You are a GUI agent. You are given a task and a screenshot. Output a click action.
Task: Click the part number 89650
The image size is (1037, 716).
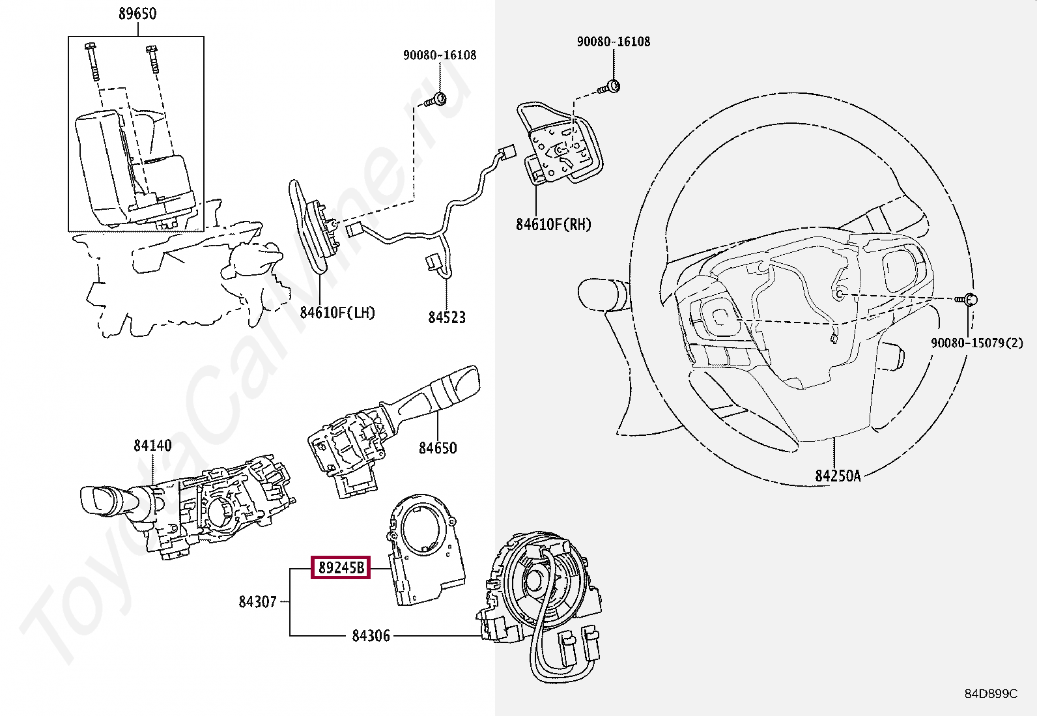[137, 14]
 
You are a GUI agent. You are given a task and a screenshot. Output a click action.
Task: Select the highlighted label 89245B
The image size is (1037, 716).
[341, 567]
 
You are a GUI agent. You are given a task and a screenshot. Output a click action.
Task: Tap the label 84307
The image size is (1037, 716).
[257, 602]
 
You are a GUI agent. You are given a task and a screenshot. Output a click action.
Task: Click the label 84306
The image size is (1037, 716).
[371, 635]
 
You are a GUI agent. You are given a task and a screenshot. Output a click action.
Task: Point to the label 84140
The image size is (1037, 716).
[152, 446]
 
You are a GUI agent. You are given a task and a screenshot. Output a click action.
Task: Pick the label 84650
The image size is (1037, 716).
[438, 448]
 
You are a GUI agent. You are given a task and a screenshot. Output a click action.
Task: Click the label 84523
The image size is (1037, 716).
[447, 317]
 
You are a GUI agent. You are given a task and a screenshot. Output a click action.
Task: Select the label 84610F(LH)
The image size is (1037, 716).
[337, 313]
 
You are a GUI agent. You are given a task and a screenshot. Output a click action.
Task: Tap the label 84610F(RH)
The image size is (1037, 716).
[554, 225]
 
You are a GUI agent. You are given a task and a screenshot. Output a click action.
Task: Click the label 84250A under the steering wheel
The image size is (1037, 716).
[838, 476]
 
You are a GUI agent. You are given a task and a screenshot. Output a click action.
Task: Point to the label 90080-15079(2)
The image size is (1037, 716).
[976, 343]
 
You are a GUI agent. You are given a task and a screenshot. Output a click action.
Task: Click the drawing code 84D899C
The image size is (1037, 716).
[990, 694]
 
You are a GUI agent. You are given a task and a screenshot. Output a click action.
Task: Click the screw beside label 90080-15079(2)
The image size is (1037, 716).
[967, 300]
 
